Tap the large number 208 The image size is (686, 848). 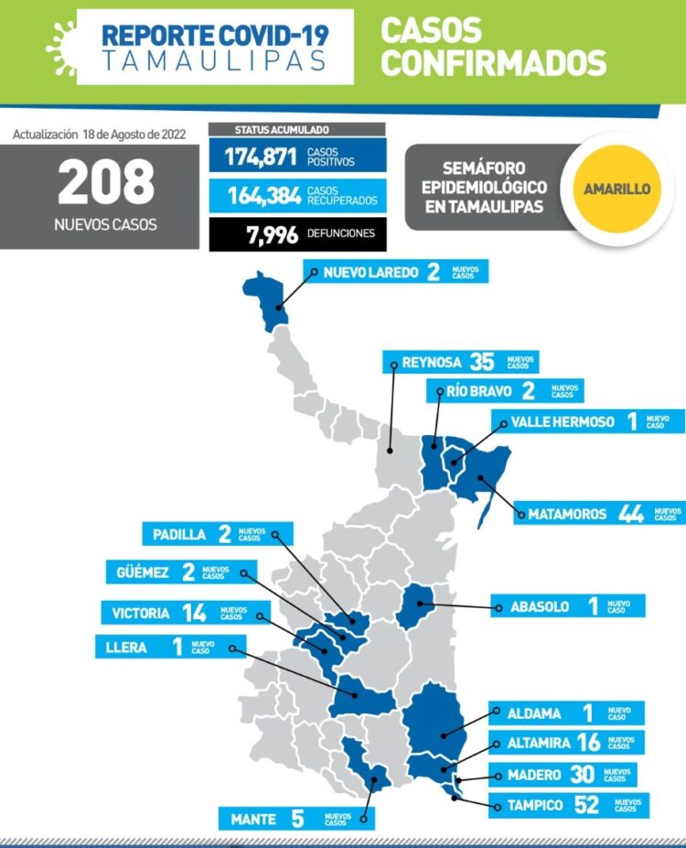pyautogui.click(x=106, y=182)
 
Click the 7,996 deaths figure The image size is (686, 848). pyautogui.click(x=273, y=234)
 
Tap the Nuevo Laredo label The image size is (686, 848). pyautogui.click(x=370, y=273)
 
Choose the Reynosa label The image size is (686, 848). pyautogui.click(x=431, y=363)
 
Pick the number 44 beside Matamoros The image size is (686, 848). pyautogui.click(x=630, y=514)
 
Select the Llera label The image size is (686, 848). pyautogui.click(x=126, y=647)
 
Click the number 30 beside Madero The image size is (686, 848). pyautogui.click(x=582, y=775)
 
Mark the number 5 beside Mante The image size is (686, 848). pyautogui.click(x=296, y=819)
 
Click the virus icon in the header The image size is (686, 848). pyautogui.click(x=61, y=45)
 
